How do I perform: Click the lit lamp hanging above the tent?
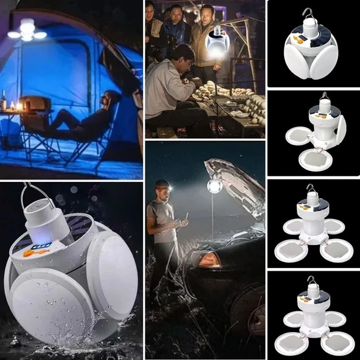[x=27, y=30]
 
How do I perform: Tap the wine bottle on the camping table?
[x=4, y=100]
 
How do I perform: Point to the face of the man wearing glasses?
[x=175, y=15]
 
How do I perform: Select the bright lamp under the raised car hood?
[x=214, y=187]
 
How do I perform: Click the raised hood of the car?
[x=234, y=182]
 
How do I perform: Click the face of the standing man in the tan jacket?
[x=207, y=13]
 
